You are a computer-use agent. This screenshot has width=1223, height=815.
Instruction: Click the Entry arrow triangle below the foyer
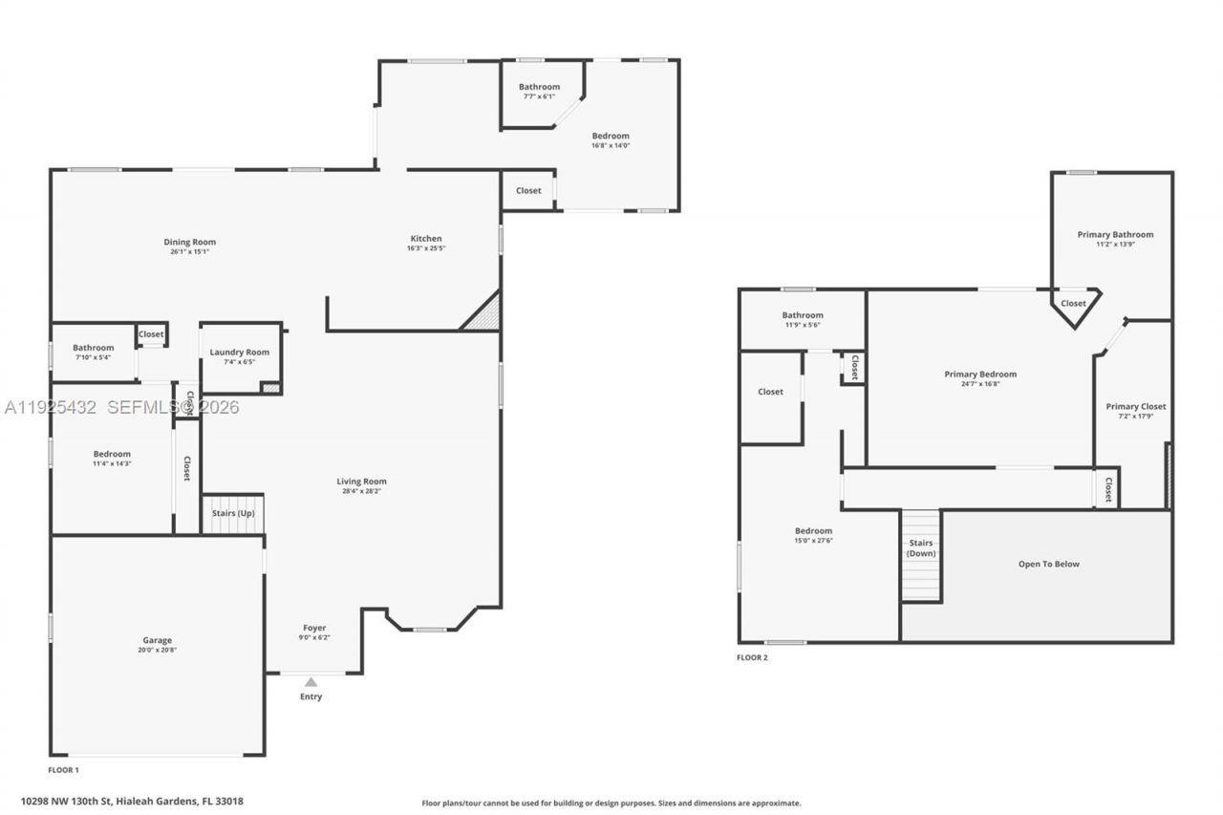coord(311,682)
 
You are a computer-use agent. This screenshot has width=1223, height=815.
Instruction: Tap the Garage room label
coord(158,640)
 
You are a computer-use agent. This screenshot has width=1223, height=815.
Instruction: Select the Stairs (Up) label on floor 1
coord(232,514)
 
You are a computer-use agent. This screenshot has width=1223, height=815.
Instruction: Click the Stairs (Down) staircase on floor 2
coord(921,555)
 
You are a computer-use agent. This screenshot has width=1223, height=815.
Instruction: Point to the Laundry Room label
coord(240,352)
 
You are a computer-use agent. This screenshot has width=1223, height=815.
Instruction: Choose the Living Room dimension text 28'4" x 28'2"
coord(361,491)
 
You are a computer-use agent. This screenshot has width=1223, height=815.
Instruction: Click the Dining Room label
coord(190,242)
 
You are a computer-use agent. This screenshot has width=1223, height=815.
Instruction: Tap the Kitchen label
coord(426,238)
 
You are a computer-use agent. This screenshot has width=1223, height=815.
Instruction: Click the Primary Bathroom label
coord(1115,234)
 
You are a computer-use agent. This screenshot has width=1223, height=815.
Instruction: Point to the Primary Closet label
coord(1135,406)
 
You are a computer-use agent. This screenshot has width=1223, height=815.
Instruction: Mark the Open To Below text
coord(1048,564)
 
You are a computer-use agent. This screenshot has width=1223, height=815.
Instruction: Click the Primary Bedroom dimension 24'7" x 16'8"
coord(980,384)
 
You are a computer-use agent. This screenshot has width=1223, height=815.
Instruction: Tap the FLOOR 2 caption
coord(752,657)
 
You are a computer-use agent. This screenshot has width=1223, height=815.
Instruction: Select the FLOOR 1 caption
coord(64,769)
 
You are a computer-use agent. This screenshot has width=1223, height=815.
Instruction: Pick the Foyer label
coord(314,628)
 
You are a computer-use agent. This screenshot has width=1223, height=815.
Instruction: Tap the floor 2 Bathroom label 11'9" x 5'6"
coord(802,325)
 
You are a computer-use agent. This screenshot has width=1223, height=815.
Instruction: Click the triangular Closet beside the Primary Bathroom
coord(1074,305)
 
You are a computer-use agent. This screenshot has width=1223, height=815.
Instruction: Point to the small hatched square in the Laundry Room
coord(270,387)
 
